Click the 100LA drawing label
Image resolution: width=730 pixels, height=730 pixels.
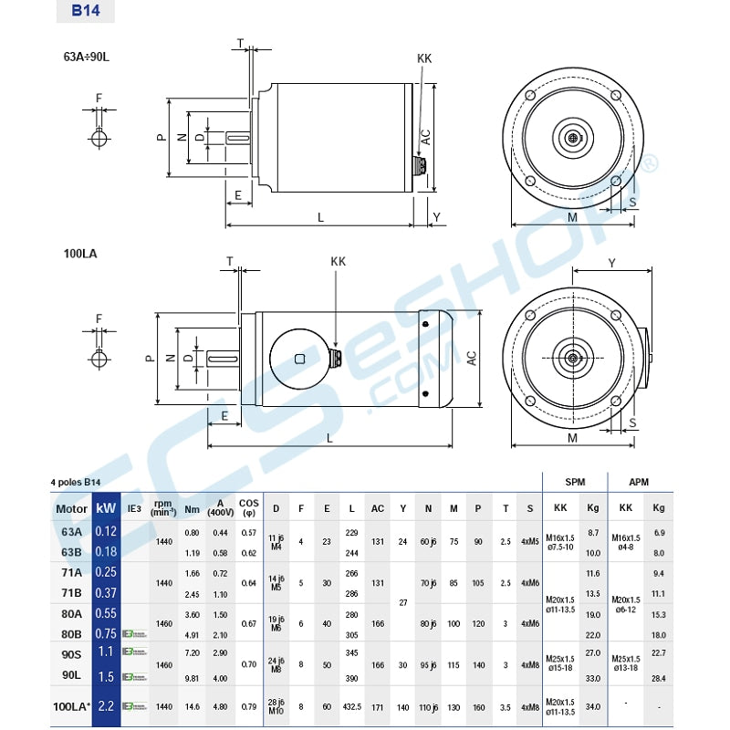pyautogui.click(x=80, y=255)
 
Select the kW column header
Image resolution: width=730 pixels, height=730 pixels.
pyautogui.click(x=106, y=508)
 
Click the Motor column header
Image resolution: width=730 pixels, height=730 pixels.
pyautogui.click(x=71, y=509)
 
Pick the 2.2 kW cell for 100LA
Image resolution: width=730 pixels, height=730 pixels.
pyautogui.click(x=106, y=706)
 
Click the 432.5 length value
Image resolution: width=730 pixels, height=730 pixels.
pyautogui.click(x=351, y=706)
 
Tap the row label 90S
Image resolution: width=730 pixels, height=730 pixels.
pyautogui.click(x=71, y=652)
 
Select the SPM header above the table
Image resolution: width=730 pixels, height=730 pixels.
pyautogui.click(x=575, y=481)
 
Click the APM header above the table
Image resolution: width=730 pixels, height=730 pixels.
pyautogui.click(x=640, y=481)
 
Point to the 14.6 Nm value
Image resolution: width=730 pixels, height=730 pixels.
pyautogui.click(x=192, y=706)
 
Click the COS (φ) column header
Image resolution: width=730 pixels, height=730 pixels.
pyautogui.click(x=248, y=508)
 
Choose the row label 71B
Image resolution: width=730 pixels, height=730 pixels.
pyautogui.click(x=71, y=593)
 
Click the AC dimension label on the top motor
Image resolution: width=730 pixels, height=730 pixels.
pyautogui.click(x=425, y=138)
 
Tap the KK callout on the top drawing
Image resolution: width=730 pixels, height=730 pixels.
pyautogui.click(x=423, y=58)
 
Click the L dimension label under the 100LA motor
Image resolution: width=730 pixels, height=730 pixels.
pyautogui.click(x=329, y=438)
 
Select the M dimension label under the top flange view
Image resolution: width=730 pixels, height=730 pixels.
pyautogui.click(x=573, y=217)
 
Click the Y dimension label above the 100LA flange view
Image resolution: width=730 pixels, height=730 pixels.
pyautogui.click(x=611, y=263)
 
